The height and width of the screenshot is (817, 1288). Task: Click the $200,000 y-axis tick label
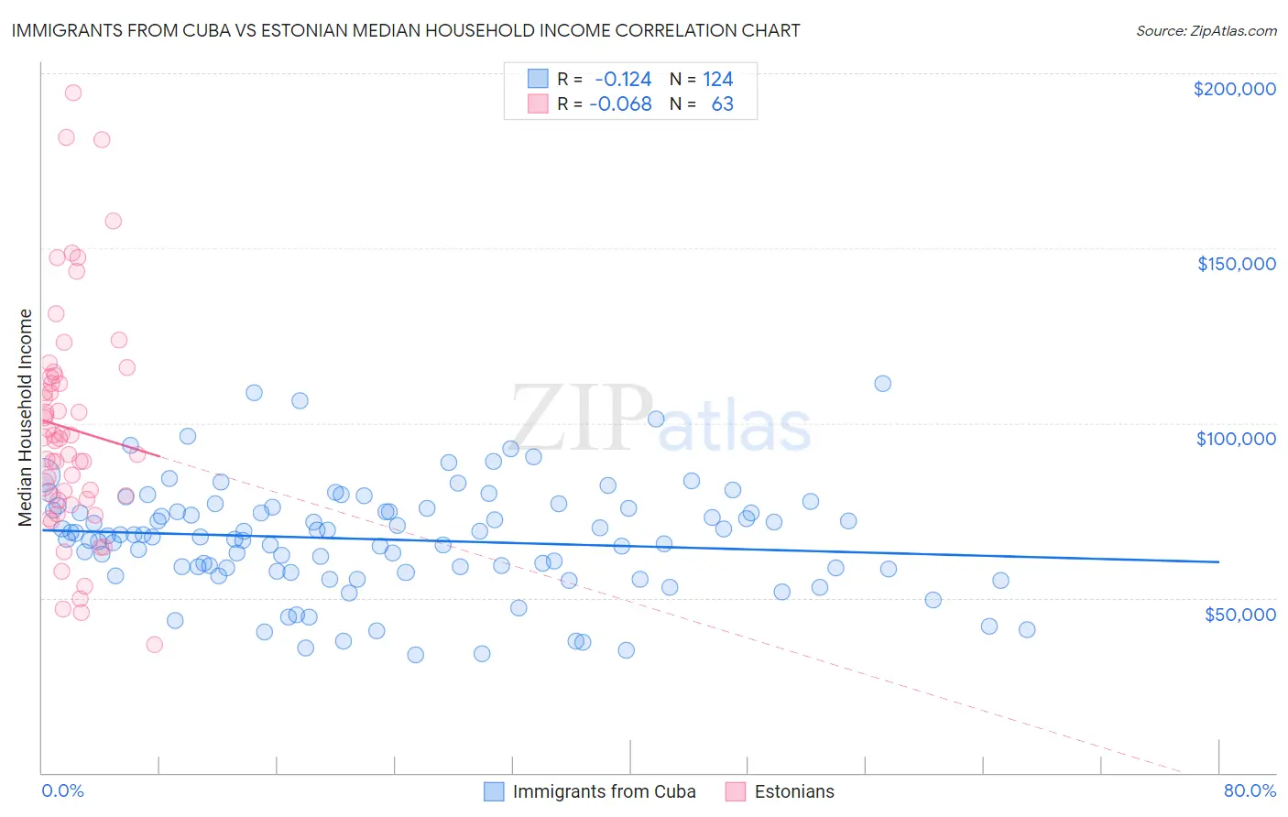pos(1234,89)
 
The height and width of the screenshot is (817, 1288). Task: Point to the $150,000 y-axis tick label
pos(1236,264)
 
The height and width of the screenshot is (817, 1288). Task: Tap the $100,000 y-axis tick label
pos(1236,439)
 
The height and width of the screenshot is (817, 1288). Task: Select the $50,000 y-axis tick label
pos(1239,614)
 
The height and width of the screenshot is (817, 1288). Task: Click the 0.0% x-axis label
pos(62,790)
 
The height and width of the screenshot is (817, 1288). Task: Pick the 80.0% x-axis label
pos(1250,790)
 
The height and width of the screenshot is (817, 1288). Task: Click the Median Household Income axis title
pos(26,418)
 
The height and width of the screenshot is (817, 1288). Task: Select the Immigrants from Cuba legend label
pos(604,791)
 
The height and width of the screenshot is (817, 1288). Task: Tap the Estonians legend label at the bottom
pos(794,791)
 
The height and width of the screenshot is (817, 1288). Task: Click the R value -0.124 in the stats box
pos(623,80)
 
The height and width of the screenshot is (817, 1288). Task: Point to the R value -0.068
pos(620,104)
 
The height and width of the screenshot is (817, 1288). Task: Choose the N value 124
pos(718,80)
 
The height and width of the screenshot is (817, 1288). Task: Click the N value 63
pos(722,104)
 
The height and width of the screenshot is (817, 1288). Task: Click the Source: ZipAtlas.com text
pos(1206,31)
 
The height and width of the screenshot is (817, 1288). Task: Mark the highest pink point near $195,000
pos(73,93)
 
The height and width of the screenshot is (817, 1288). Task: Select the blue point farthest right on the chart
pos(1027,629)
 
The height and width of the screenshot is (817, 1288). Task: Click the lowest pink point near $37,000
pos(154,645)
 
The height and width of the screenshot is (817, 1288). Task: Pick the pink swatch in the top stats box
pos(538,104)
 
